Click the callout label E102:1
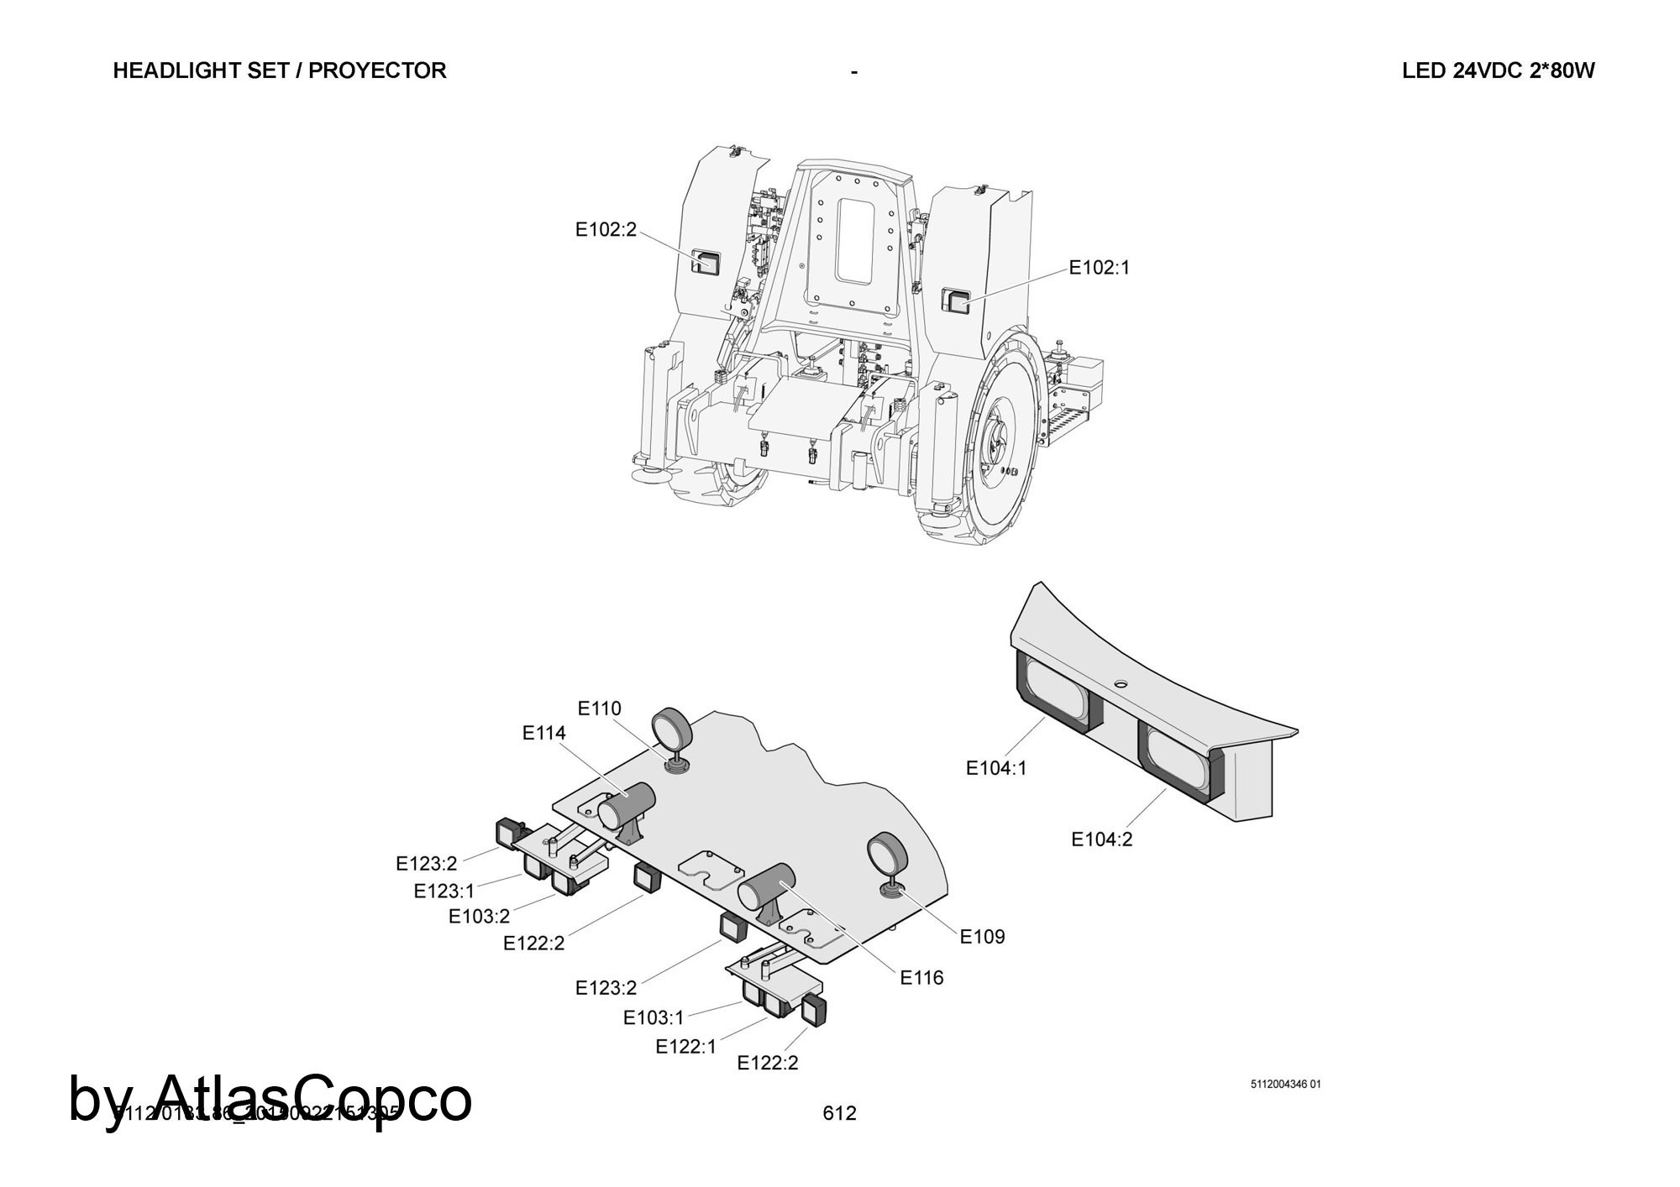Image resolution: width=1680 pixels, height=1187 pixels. [1099, 268]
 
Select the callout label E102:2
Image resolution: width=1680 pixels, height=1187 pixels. [606, 229]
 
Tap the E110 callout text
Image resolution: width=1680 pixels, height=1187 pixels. [600, 709]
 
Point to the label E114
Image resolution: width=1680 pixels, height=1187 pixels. [544, 733]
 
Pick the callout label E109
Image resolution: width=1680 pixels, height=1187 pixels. [982, 936]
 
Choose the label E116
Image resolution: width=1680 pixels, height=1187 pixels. [921, 977]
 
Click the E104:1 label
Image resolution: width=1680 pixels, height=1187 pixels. [996, 767]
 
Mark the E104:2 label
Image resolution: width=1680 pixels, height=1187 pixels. [1101, 839]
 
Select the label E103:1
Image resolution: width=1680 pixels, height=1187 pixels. [654, 1017]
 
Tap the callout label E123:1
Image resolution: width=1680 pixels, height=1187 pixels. [444, 891]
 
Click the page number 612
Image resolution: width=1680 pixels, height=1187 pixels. [840, 1113]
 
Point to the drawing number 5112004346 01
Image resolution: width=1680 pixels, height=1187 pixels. [1285, 1084]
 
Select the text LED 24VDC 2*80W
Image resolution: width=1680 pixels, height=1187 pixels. [1498, 71]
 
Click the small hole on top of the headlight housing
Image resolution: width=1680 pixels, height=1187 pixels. [1120, 685]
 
